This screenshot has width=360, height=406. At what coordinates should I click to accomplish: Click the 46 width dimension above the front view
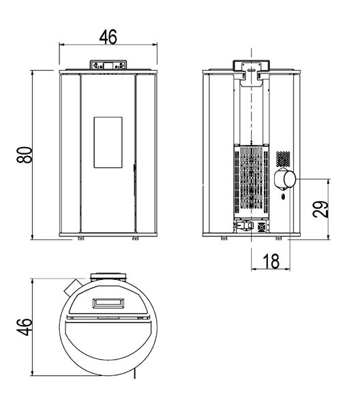click(x=108, y=37)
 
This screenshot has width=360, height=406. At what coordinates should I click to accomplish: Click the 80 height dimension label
click(x=25, y=155)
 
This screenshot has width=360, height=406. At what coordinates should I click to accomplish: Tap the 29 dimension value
click(x=320, y=209)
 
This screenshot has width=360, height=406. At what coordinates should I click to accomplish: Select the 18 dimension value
click(x=271, y=261)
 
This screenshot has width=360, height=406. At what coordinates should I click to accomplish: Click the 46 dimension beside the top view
click(x=25, y=327)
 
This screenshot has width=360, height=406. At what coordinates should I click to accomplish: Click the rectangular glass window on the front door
click(x=108, y=142)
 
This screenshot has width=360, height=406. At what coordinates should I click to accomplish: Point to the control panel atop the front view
click(x=108, y=65)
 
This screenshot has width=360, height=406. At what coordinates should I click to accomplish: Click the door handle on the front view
click(x=134, y=180)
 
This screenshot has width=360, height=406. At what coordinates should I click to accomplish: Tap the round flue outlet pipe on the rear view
click(x=285, y=179)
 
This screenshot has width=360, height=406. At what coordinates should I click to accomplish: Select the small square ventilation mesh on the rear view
click(x=283, y=159)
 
